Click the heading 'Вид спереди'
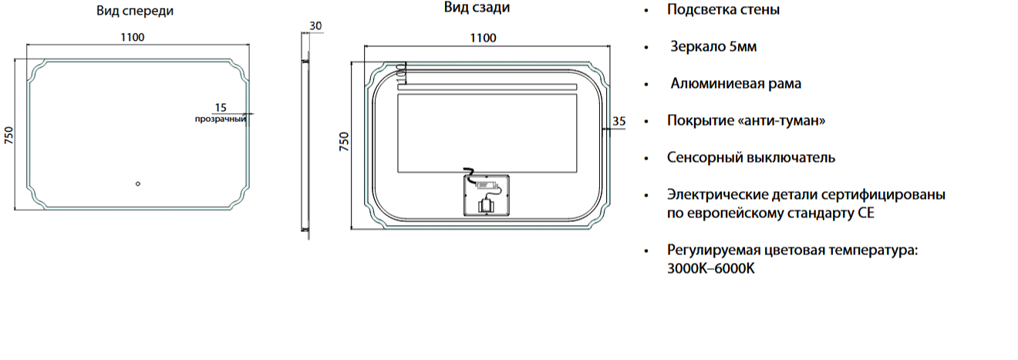point(135,11)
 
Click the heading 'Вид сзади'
point(477,8)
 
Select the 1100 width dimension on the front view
point(132,37)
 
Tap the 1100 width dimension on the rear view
point(483,39)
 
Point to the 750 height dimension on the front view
point(9,136)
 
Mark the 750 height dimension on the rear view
point(344,141)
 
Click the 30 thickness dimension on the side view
point(315,26)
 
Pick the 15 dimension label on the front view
point(221,108)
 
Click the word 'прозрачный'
point(221,119)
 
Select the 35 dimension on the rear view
point(619,121)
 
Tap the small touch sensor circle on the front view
point(138,183)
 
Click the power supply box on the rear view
point(487,195)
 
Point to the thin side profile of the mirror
point(306,146)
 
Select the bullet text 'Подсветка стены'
point(723,9)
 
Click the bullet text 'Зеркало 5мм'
point(713,46)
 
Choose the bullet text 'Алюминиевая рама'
point(736,83)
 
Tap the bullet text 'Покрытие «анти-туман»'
point(746,120)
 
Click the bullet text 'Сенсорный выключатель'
point(751,157)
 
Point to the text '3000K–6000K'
point(711,268)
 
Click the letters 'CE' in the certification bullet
point(866,214)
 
